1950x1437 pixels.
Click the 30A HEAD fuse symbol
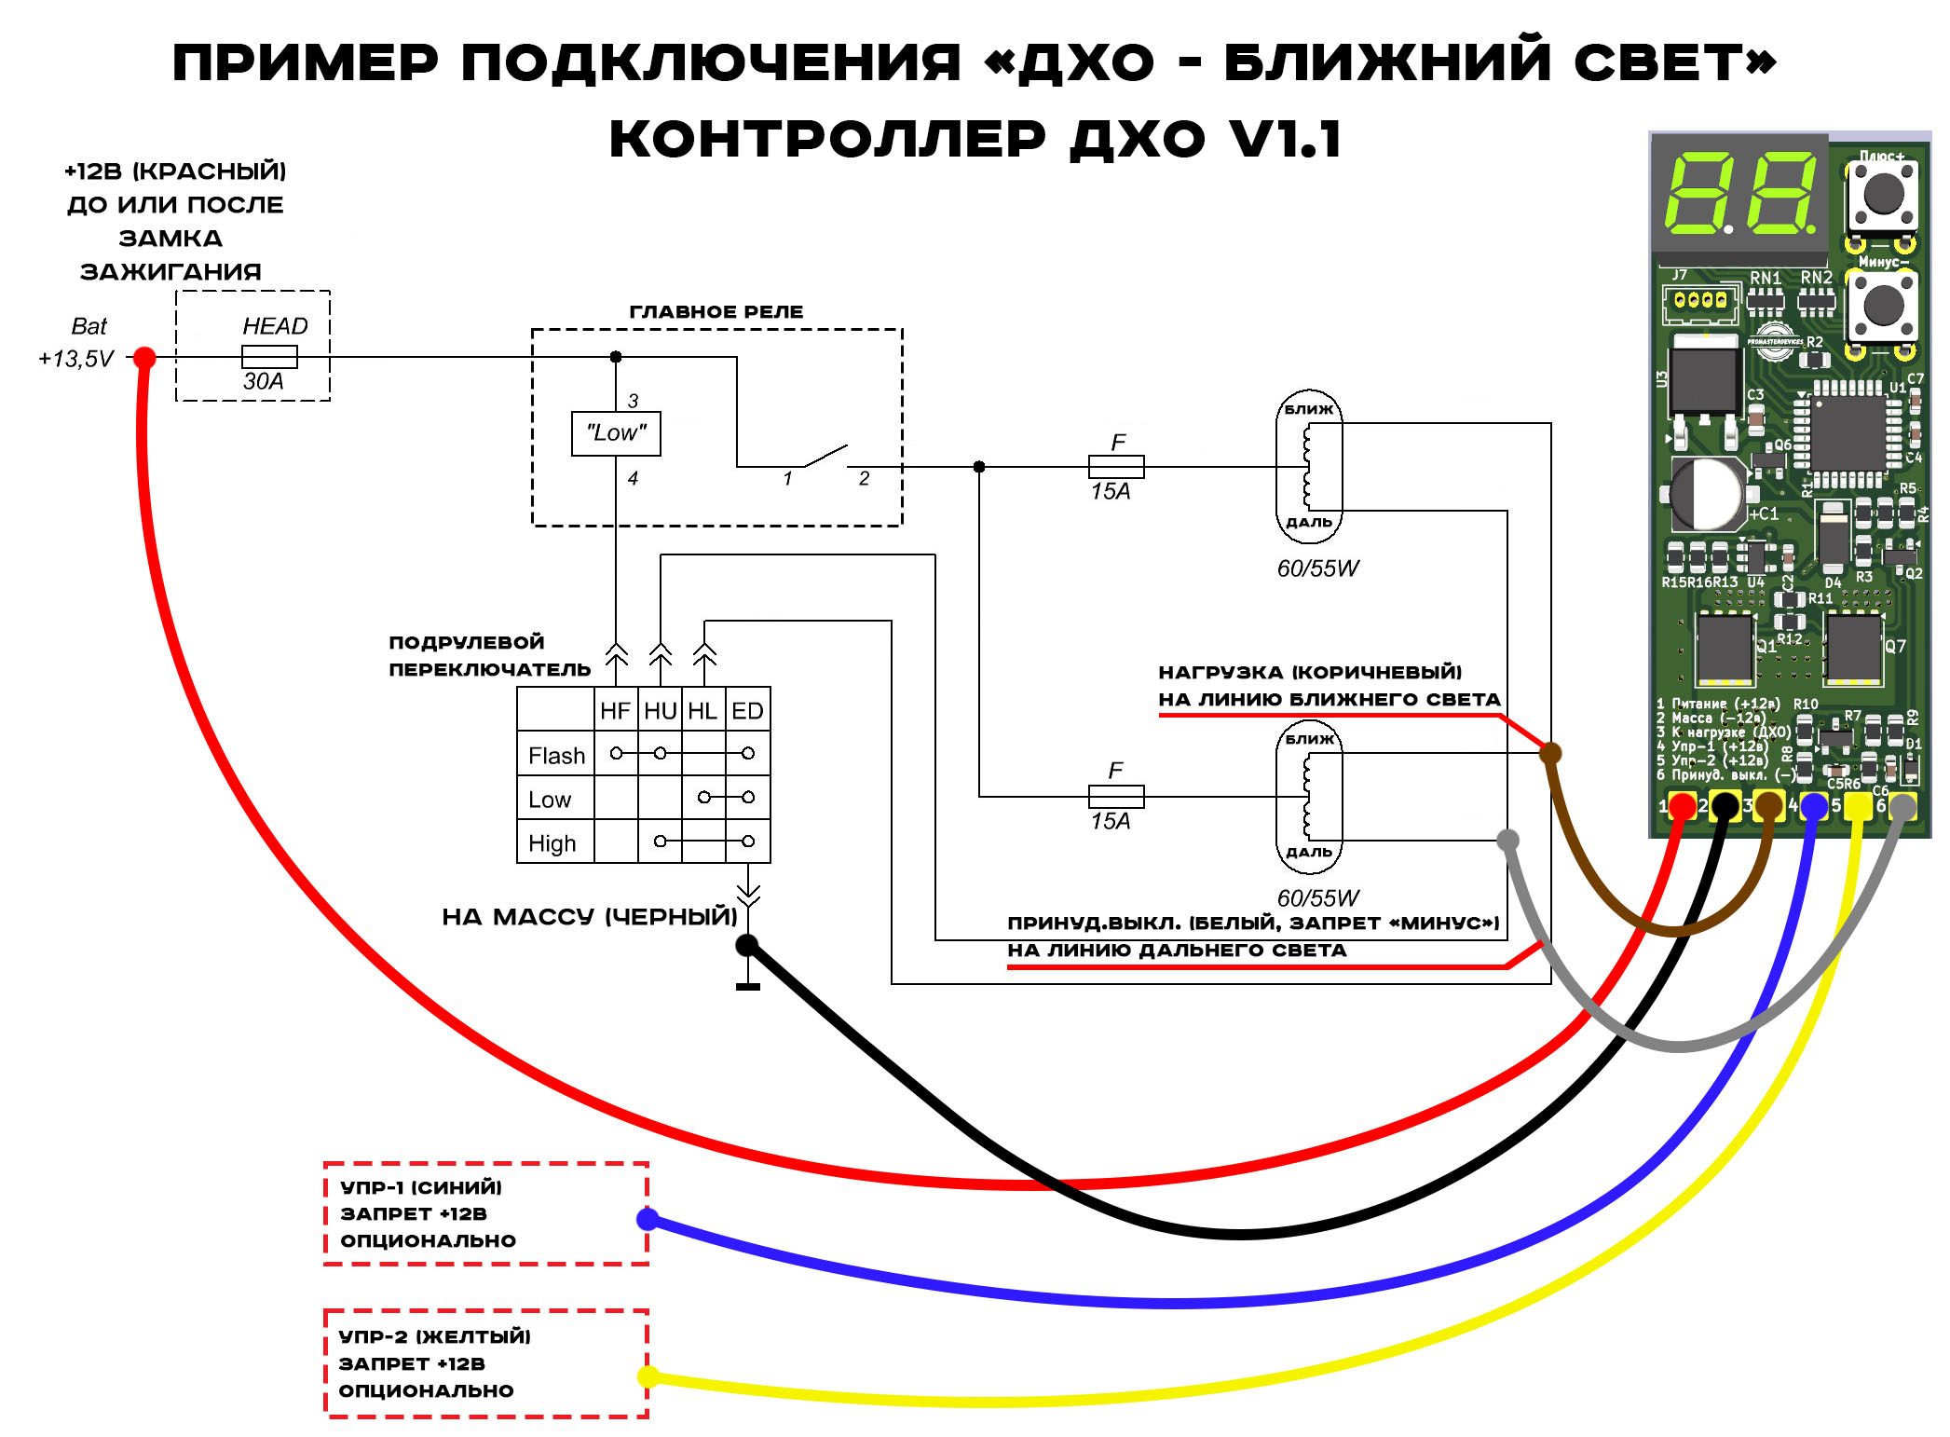(x=269, y=357)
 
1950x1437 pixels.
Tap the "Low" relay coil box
(x=616, y=433)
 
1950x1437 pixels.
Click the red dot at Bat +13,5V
(x=144, y=357)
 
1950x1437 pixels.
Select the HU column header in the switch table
(x=660, y=711)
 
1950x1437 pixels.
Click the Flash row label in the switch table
(x=556, y=755)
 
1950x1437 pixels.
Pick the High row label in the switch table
(x=552, y=842)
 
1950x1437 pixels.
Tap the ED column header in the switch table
(x=747, y=711)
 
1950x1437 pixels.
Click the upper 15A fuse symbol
(x=1116, y=466)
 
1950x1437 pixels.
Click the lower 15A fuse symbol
(x=1116, y=796)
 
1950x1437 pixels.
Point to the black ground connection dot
(x=747, y=946)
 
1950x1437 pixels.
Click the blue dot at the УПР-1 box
(x=648, y=1219)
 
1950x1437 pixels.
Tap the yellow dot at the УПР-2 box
(x=648, y=1376)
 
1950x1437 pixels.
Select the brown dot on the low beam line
(x=1550, y=752)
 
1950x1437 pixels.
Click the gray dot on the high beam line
(x=1507, y=840)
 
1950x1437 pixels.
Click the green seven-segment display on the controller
(x=1739, y=194)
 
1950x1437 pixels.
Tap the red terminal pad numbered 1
(x=1682, y=806)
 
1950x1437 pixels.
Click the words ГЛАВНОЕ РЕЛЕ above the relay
(x=716, y=311)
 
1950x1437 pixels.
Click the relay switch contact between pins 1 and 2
(x=825, y=457)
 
